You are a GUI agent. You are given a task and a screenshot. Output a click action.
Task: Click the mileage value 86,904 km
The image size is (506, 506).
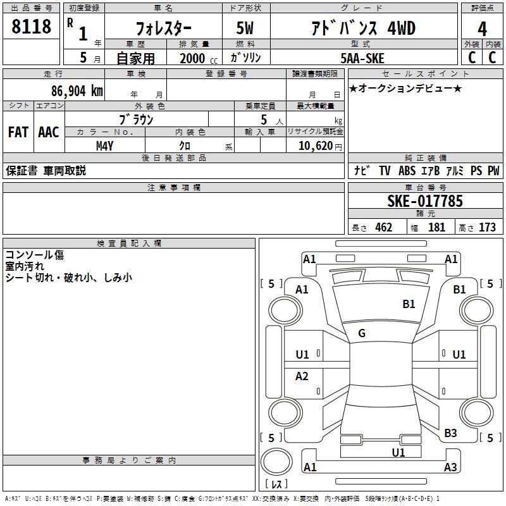point(72,90)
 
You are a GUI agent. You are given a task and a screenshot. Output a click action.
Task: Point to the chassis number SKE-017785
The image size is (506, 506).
point(425,201)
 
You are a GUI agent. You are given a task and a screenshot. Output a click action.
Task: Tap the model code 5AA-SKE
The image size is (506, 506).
point(362,58)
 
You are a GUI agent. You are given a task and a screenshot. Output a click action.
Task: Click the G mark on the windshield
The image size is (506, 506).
point(362,333)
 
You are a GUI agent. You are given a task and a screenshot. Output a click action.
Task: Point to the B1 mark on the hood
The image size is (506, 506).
point(409,304)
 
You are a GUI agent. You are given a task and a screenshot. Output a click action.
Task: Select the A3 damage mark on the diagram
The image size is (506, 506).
point(450,467)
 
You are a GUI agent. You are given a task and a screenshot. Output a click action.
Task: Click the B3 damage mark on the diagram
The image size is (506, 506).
point(450,433)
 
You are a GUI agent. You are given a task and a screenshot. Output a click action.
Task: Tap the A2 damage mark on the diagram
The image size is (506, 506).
point(302,376)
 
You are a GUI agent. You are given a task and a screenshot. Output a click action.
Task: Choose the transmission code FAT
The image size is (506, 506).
point(18,132)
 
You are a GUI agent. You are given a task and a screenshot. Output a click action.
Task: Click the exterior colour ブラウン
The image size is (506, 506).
point(136,119)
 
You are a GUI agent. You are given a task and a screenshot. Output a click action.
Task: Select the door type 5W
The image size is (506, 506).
point(245,28)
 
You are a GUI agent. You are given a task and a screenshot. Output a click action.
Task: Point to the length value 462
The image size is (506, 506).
point(383,227)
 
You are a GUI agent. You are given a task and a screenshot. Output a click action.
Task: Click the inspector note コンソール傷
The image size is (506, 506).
point(35,255)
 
